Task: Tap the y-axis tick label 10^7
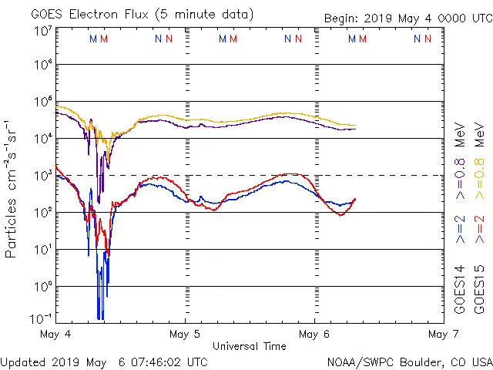click(x=42, y=32)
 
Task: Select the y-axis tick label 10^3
click(x=42, y=176)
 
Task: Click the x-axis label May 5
click(x=185, y=334)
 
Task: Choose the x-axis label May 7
click(x=442, y=334)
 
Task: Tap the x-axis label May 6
click(x=314, y=334)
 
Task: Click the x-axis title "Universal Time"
click(x=249, y=346)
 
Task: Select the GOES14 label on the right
click(x=459, y=290)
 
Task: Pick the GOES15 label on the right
click(x=479, y=290)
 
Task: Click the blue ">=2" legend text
click(x=459, y=230)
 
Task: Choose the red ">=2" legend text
click(x=479, y=230)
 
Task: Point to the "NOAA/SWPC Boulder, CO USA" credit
click(x=409, y=362)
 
